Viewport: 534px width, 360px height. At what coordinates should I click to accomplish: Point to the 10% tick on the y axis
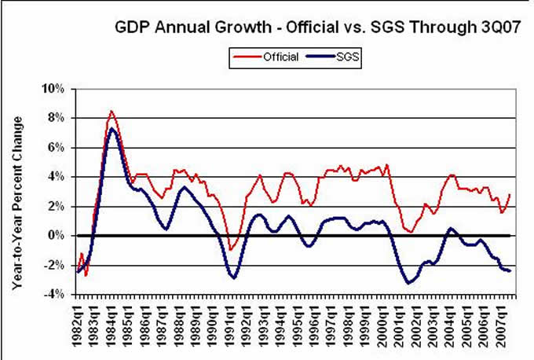tap(61, 88)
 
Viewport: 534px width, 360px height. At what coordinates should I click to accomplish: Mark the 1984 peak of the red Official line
tap(112, 111)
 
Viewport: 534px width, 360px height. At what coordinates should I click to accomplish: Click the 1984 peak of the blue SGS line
tap(112, 128)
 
